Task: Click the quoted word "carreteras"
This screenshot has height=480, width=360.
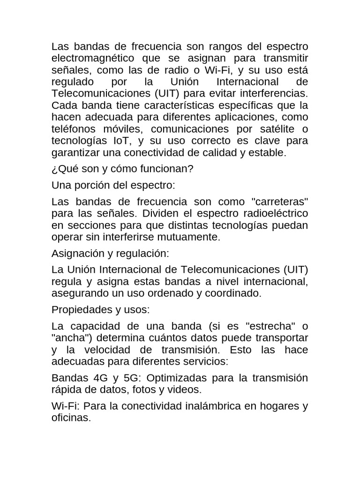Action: (280, 202)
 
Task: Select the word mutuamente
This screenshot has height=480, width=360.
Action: (192, 237)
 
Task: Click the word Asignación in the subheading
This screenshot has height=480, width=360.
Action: (76, 254)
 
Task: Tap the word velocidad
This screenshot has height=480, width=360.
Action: (121, 350)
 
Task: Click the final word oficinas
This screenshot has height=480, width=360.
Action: (70, 418)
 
